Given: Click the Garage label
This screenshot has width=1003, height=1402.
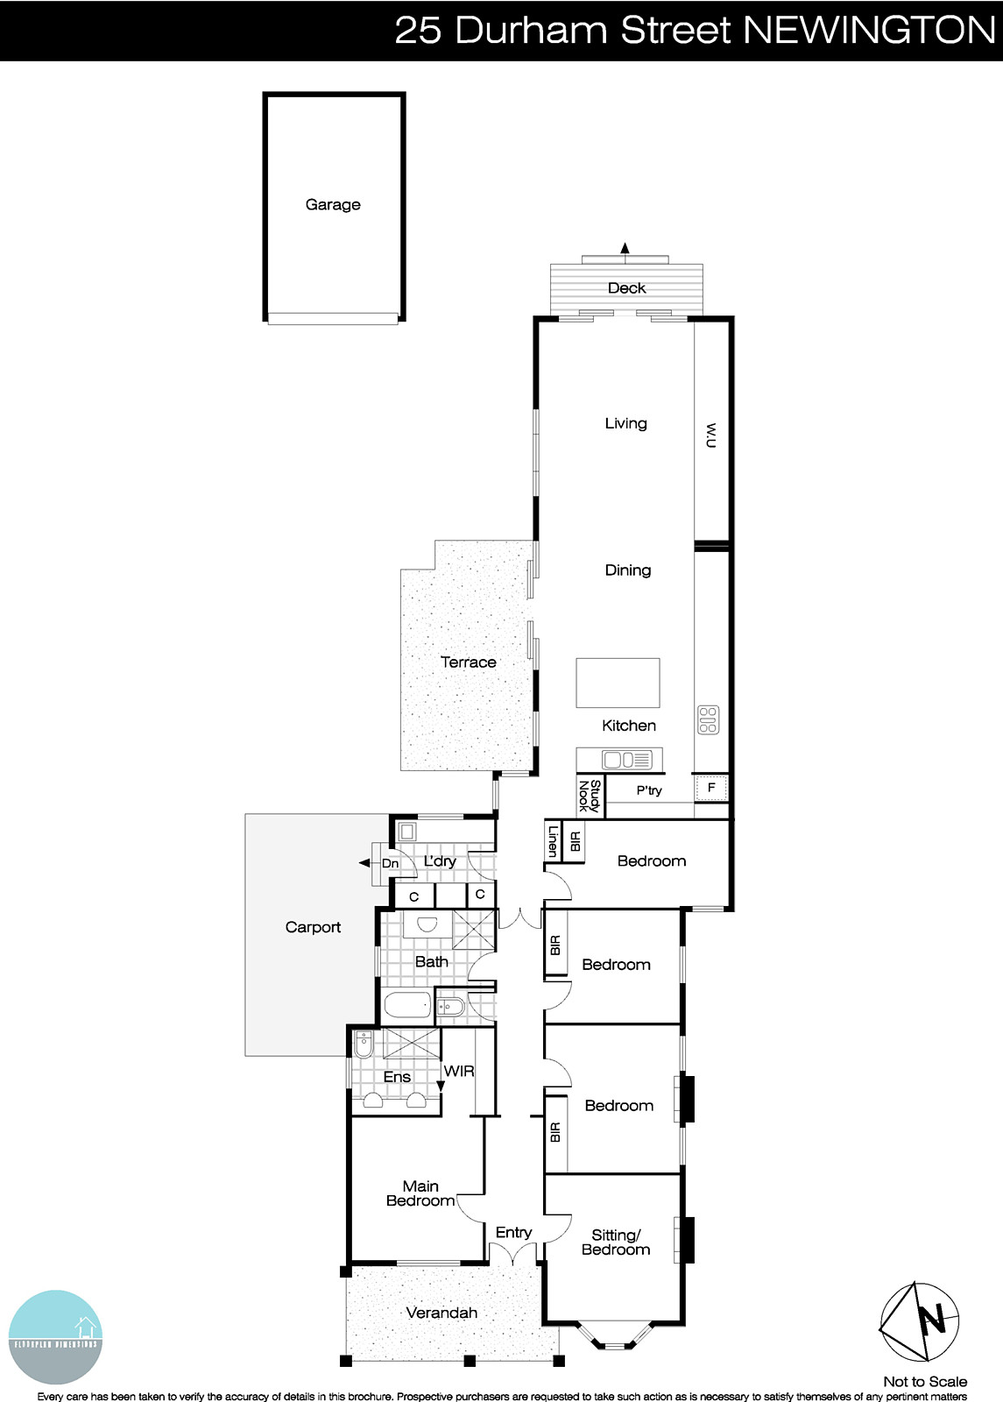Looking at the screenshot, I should tap(333, 204).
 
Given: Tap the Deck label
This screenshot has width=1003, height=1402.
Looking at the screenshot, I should tap(626, 287).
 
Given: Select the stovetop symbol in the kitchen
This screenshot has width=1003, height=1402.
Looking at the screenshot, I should tap(708, 719).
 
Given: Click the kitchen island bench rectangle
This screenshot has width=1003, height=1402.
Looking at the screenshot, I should tap(618, 683).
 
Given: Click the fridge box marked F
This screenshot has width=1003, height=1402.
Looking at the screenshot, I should tap(711, 788).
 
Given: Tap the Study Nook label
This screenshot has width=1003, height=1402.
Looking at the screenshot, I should tap(590, 796).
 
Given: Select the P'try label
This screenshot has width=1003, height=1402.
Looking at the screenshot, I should tap(649, 790).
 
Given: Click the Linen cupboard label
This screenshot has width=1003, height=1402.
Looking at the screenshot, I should tap(553, 841).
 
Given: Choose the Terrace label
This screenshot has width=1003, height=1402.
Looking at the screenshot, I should tap(468, 662).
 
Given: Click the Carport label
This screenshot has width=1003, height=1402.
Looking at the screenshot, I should tap(313, 927).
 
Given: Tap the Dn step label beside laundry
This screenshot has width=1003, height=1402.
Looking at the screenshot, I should tap(390, 864).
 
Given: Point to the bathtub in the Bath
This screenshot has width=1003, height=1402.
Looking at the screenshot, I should tap(407, 1005).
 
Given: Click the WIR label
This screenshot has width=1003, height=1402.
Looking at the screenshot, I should tap(459, 1071).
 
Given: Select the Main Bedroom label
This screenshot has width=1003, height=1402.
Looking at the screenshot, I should tap(420, 1193).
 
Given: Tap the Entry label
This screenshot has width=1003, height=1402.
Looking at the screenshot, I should tap(513, 1232).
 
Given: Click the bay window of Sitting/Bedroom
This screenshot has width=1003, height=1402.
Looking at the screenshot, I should tap(616, 1338).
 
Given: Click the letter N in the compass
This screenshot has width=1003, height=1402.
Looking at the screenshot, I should tap(933, 1319).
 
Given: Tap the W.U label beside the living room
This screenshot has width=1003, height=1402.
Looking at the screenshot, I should tap(710, 435).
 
